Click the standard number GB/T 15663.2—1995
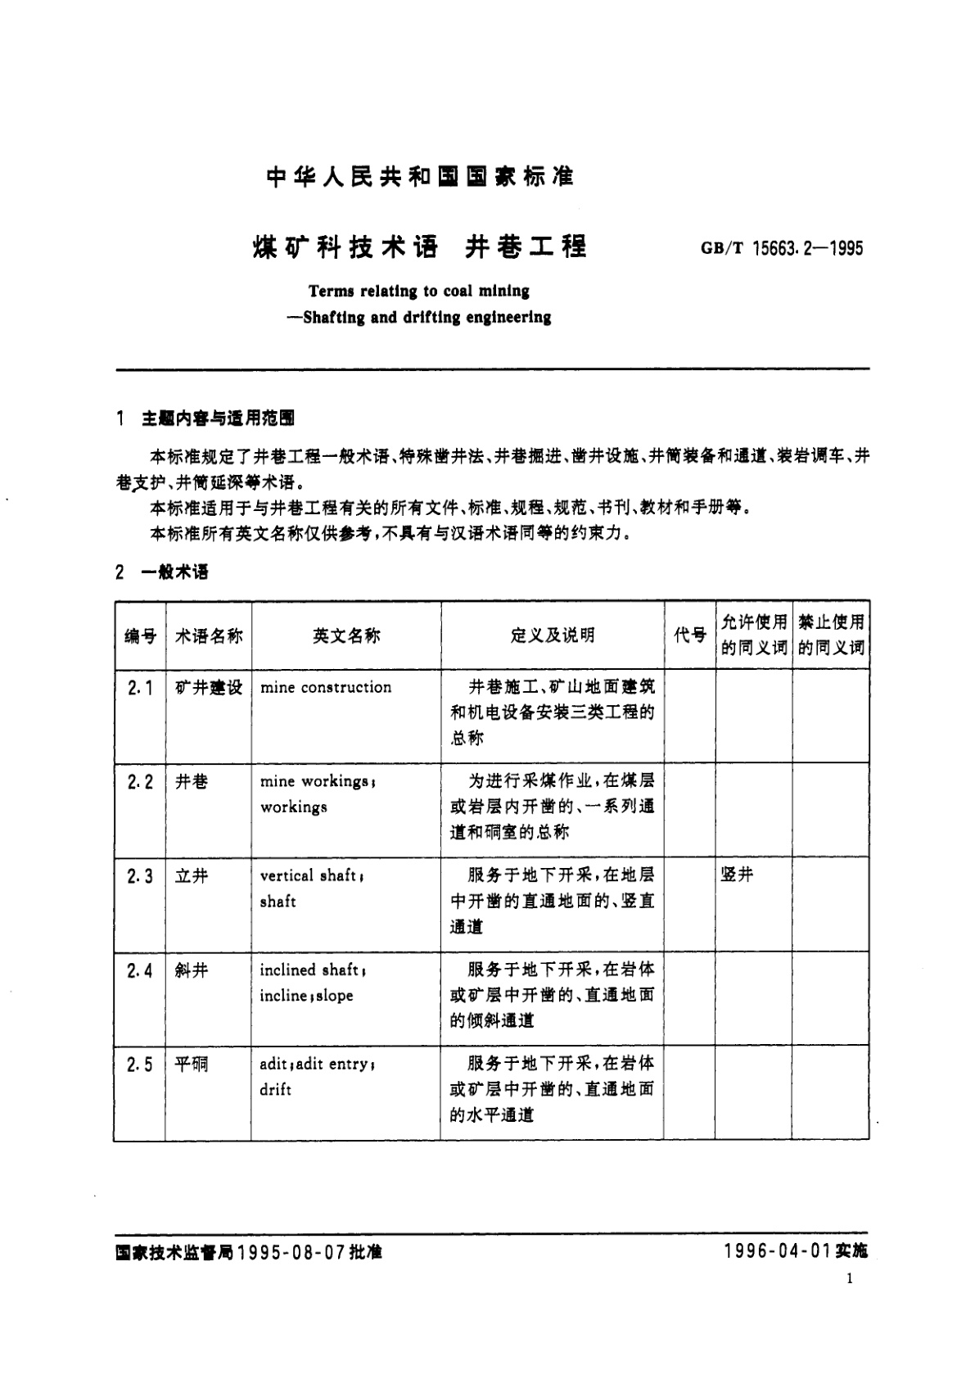click(782, 248)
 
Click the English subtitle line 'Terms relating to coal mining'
click(418, 291)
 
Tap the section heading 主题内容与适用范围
click(218, 418)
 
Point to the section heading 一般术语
click(174, 572)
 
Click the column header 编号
click(140, 635)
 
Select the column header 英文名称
click(346, 635)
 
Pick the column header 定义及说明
click(553, 635)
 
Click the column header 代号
click(690, 635)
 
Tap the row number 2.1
click(140, 688)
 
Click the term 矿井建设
click(209, 688)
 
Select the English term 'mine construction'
click(326, 688)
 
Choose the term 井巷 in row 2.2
click(192, 782)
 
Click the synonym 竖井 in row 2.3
click(737, 875)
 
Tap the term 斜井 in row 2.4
click(192, 970)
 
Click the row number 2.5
click(140, 1065)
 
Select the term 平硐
click(192, 1065)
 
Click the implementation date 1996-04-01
click(778, 1251)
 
